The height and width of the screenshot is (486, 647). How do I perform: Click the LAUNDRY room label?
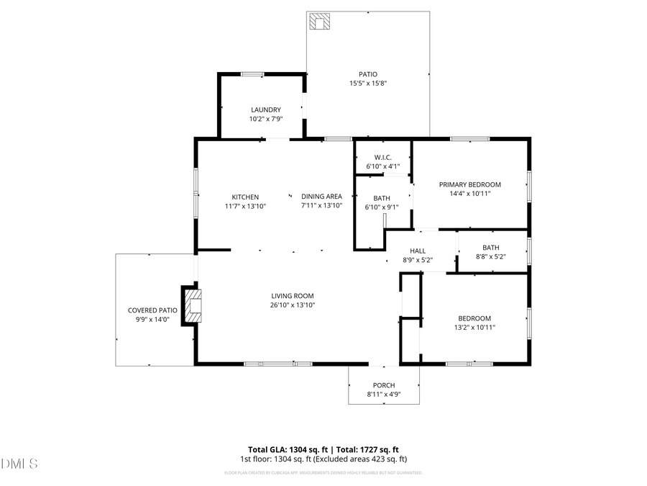click(x=266, y=110)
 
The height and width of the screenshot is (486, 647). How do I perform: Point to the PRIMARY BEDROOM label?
click(x=469, y=184)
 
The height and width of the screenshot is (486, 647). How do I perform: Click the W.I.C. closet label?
click(x=382, y=157)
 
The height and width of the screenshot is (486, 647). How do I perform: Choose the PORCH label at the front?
click(x=383, y=385)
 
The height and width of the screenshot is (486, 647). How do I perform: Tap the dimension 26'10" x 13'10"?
click(x=292, y=305)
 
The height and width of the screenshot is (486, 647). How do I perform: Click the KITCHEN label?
click(x=244, y=197)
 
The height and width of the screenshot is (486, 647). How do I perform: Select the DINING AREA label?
click(x=321, y=197)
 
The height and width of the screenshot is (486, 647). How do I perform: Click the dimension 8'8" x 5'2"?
click(x=492, y=256)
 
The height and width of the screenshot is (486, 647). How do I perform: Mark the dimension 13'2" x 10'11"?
click(x=474, y=328)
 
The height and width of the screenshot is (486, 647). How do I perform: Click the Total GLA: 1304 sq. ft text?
click(x=286, y=449)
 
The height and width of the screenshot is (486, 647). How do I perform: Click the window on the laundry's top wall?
click(x=252, y=73)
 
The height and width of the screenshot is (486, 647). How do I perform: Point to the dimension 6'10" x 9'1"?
click(x=382, y=207)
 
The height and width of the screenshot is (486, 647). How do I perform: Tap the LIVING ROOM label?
click(x=292, y=296)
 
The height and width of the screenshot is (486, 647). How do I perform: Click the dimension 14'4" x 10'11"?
click(x=469, y=194)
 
